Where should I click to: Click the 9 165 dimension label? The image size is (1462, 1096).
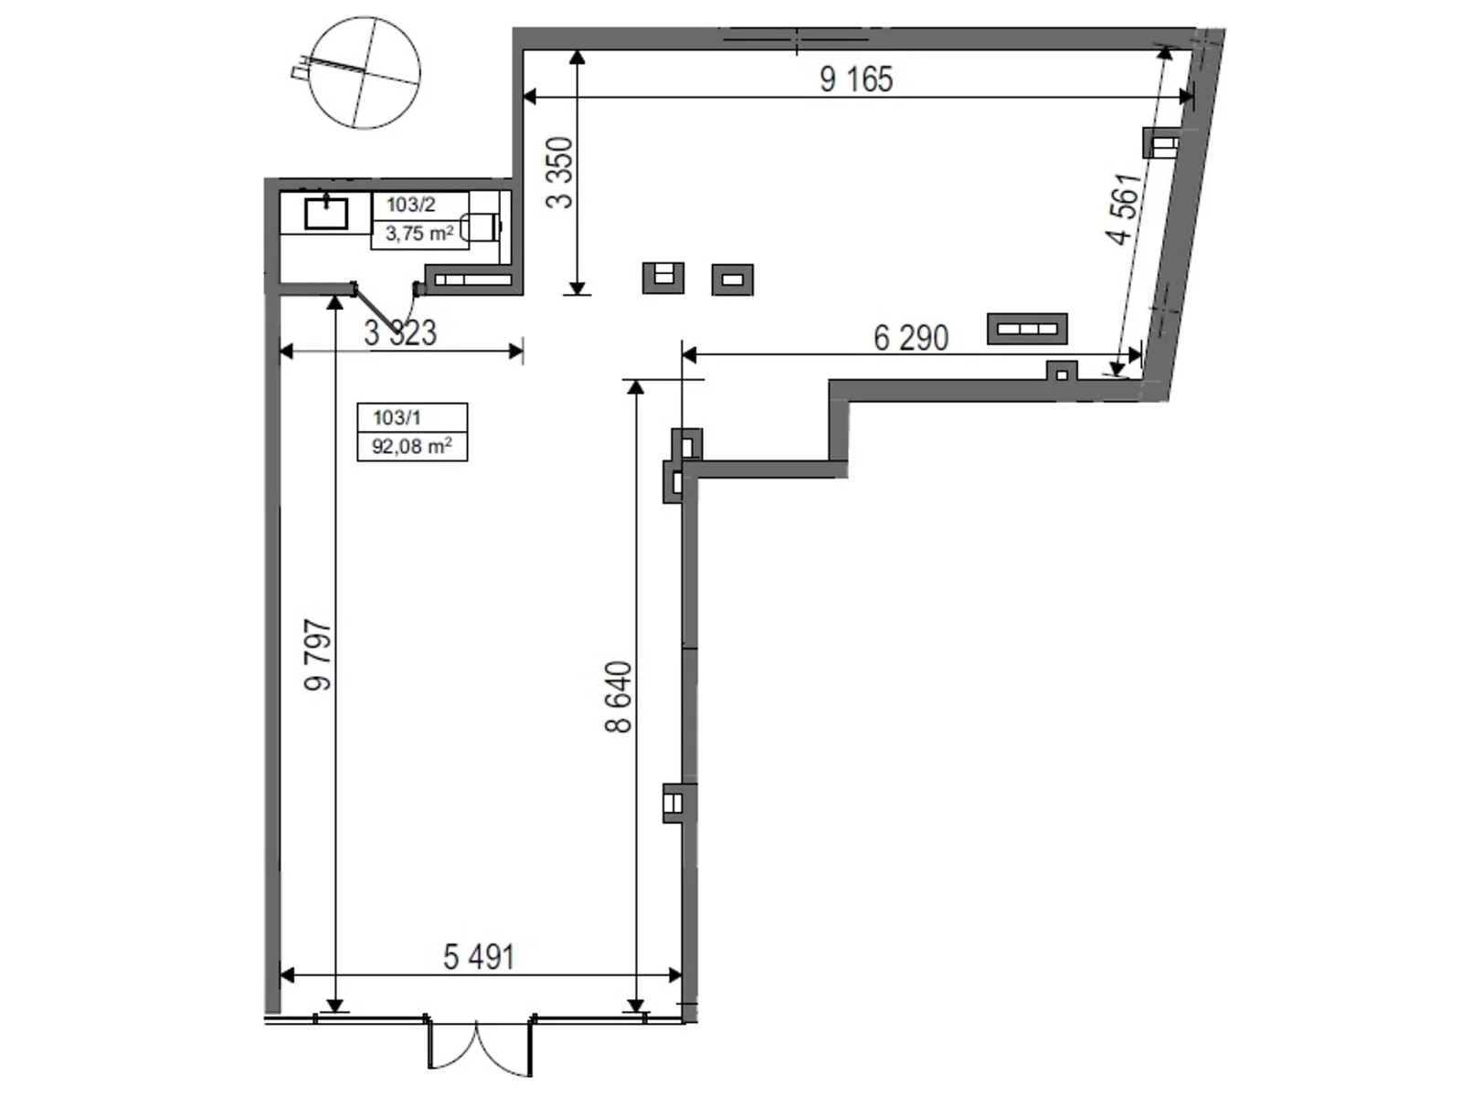pos(855,79)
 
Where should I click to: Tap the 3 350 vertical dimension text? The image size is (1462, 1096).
pos(560,172)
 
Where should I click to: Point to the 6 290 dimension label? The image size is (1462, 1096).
pos(910,339)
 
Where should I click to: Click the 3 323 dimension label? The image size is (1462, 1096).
pos(400,333)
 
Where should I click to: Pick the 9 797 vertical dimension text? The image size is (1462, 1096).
pos(318,655)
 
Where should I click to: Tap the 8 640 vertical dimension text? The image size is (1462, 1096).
pos(619,697)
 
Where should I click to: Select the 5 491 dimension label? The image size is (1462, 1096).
pos(479,957)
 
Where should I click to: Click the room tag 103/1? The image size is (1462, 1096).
pos(397,417)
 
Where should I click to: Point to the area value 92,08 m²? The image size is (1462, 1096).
pos(411,447)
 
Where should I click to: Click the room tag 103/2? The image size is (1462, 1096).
pos(410,205)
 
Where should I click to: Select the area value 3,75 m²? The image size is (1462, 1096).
pos(418,234)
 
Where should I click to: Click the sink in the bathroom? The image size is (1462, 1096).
pos(326,214)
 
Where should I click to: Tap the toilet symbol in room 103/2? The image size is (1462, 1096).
pos(482,226)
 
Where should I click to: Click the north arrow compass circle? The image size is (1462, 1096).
pos(365,73)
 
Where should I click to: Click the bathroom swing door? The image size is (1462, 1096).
pos(376,311)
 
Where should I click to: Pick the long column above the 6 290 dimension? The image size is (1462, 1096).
pos(1027,329)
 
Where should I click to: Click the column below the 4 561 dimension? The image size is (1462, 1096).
pos(1061,372)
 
